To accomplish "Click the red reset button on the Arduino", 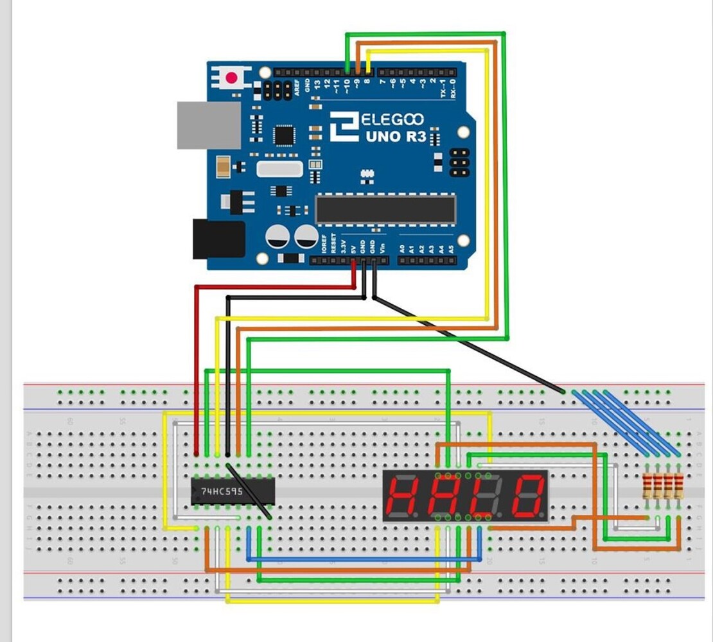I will [231, 78].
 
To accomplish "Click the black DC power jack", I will [218, 239].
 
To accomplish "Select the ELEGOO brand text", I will [392, 119].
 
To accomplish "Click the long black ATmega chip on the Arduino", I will [385, 210].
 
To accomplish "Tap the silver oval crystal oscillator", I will [279, 169].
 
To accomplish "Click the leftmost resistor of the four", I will [649, 486].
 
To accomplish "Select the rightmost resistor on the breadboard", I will [678, 486].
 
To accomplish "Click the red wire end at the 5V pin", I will [353, 263].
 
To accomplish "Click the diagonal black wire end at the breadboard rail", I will [563, 392].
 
